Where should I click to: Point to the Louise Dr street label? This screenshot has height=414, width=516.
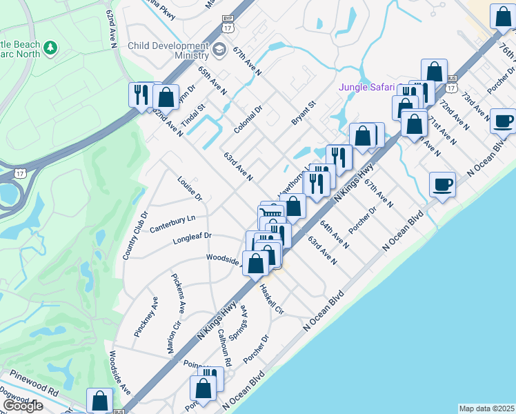coord(189,188)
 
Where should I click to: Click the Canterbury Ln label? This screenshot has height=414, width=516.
coord(173,222)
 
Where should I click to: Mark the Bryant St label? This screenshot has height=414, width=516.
coord(303,112)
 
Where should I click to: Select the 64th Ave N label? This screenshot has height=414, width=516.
coord(334,235)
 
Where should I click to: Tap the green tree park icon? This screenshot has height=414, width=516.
coord(49,48)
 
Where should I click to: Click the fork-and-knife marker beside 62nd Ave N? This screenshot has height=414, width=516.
coord(141,94)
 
